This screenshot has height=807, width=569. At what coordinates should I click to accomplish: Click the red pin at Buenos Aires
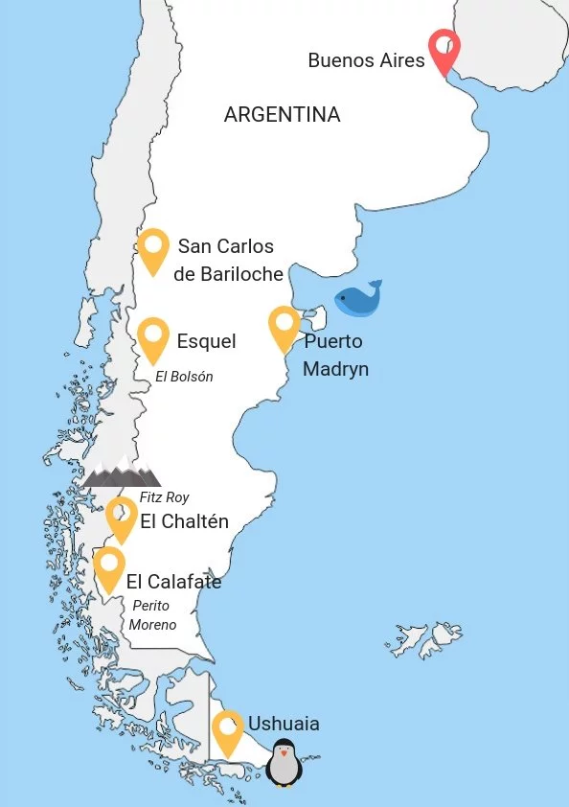444,50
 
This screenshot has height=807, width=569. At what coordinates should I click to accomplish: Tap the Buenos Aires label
366,60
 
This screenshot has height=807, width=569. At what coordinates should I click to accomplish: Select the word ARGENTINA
282,115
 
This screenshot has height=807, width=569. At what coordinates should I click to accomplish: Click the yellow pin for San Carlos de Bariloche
153,248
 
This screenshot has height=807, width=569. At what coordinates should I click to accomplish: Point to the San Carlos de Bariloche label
228,261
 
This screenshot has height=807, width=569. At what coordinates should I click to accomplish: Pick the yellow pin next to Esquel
153,338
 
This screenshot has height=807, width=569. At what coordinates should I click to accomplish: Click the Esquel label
206,341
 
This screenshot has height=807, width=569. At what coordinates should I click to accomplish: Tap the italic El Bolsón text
184,377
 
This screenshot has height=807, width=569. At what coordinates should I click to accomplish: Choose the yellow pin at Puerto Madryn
284,326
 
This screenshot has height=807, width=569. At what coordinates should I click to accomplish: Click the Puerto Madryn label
334,356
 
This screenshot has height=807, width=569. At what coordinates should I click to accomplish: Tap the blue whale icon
358,299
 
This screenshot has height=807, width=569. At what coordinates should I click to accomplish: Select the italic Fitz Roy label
164,497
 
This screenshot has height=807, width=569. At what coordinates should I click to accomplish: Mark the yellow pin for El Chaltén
122,517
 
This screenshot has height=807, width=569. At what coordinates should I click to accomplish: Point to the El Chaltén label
184,522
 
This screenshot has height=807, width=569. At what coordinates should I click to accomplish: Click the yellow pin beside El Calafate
109,566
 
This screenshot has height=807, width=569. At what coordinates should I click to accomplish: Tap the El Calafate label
173,582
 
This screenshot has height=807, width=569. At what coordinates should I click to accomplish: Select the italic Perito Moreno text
153,615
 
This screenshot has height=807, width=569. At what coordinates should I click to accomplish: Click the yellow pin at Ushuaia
228,730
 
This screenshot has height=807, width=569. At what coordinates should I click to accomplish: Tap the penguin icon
284,764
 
